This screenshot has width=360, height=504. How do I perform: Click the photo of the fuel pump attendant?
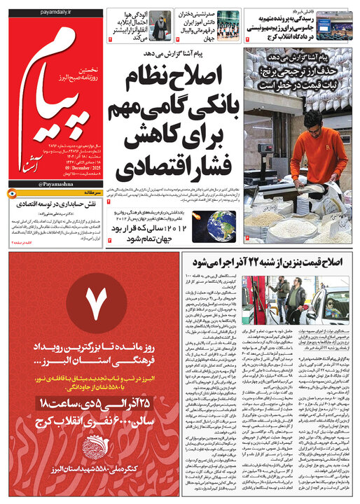point(286,297)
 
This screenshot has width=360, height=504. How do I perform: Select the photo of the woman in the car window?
point(328,297)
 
